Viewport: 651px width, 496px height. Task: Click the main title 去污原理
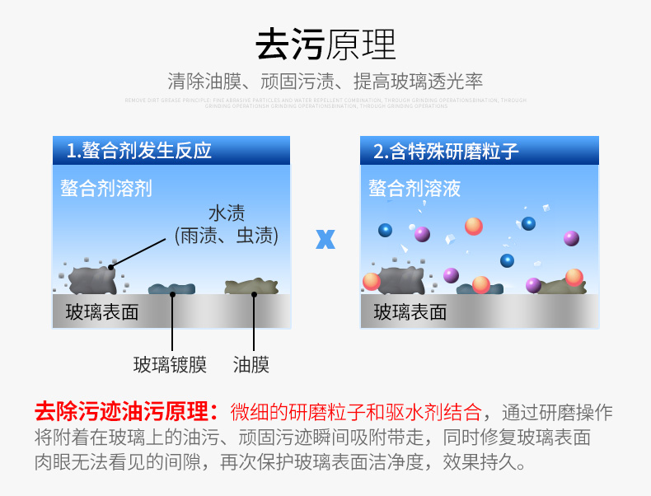tap(325, 44)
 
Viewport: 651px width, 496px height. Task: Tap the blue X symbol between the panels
tap(325, 239)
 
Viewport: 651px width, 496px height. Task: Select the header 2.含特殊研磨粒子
tap(446, 151)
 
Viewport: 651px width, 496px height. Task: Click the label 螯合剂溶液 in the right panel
tap(414, 189)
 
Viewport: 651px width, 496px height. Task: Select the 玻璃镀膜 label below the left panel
tap(170, 364)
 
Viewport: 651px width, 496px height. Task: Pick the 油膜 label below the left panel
tap(251, 364)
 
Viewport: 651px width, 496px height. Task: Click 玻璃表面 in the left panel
tap(102, 311)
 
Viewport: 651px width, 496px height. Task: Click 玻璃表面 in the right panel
tap(410, 311)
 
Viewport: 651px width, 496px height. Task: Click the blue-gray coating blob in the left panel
tap(171, 288)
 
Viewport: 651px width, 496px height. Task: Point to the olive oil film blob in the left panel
tap(251, 287)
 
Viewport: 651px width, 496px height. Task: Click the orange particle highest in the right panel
tap(473, 226)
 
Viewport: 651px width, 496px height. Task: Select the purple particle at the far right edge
tap(571, 238)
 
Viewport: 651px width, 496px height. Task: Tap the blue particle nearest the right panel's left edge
tap(385, 231)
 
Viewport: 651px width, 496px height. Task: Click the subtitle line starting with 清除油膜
tap(325, 82)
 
